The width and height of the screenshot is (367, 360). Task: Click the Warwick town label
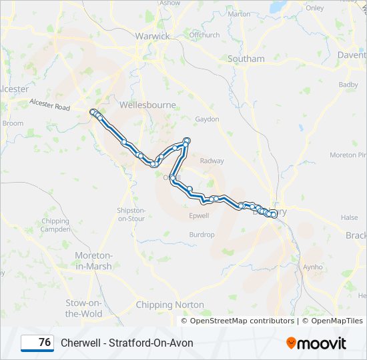coord(152,36)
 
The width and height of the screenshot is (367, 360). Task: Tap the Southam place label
coord(246,59)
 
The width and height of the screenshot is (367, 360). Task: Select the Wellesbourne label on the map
coord(147,105)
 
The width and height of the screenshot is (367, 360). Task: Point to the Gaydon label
coord(207,119)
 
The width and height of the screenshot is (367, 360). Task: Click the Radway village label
coord(212,161)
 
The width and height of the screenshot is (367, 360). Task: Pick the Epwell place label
coord(199,215)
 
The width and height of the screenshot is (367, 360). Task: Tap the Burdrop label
coord(202,235)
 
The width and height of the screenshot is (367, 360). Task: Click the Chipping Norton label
coord(170,305)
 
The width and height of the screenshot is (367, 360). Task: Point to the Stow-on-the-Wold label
coord(84,308)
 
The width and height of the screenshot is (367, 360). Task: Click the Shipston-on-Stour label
coord(131,214)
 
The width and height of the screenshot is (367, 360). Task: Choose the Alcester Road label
coord(49,105)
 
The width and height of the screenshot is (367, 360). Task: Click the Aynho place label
coord(312,266)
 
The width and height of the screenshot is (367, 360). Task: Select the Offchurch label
coord(204,35)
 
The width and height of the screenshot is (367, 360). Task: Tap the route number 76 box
coord(37,343)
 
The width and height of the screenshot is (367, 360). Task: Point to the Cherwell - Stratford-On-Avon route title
coord(127,343)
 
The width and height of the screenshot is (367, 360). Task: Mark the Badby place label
coord(348,85)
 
